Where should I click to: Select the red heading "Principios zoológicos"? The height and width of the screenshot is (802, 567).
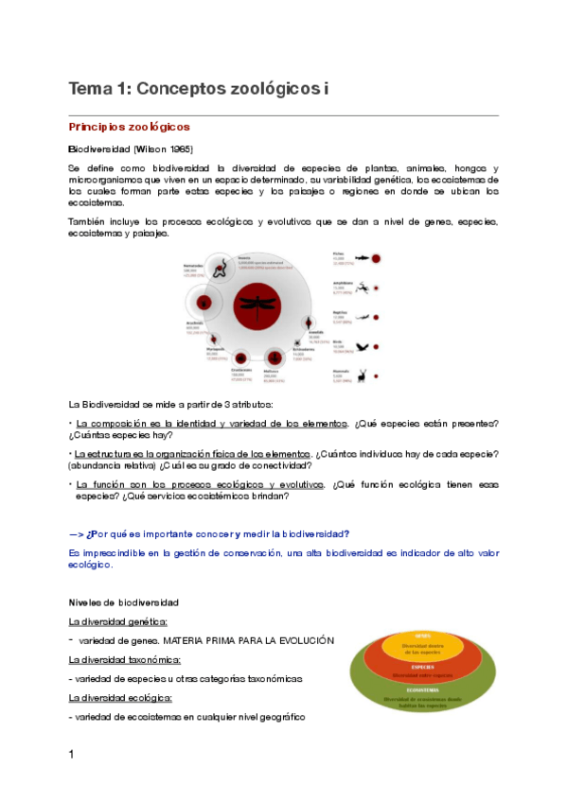130,126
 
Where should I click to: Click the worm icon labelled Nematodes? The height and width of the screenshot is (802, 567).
217,270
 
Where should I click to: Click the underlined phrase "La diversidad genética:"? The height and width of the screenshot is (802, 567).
118,621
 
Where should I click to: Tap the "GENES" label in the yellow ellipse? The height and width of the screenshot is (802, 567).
423,636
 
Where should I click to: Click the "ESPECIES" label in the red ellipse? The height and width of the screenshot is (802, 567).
423,665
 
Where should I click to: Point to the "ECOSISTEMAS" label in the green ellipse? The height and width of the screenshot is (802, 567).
423,690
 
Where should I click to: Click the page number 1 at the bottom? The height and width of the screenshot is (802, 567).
71,754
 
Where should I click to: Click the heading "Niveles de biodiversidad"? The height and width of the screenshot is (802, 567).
124,601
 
